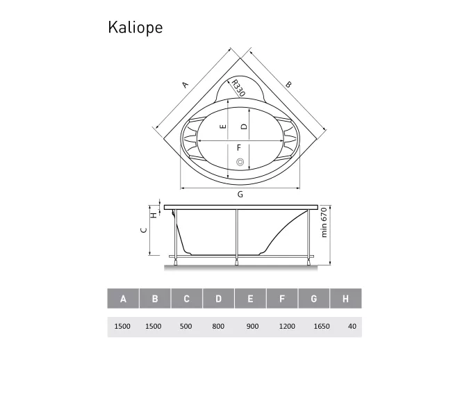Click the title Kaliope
135,27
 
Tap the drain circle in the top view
240,163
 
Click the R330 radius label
238,89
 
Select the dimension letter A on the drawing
185,85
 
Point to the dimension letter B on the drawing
288,84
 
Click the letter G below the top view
240,195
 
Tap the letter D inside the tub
245,126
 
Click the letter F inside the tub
238,147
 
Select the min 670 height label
324,224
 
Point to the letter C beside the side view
143,230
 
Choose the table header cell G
314,299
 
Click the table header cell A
123,299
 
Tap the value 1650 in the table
314,326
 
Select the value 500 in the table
187,326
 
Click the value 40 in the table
352,326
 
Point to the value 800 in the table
219,326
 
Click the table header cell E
250,299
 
